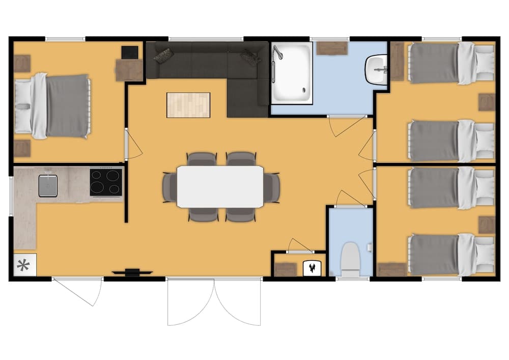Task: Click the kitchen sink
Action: [48, 185]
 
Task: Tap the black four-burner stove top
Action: [106, 182]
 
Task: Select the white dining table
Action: [220, 186]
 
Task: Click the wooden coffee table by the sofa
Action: [188, 105]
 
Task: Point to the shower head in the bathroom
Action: [277, 52]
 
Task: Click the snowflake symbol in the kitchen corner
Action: [23, 265]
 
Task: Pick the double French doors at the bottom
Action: [214, 300]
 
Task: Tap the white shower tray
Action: [292, 73]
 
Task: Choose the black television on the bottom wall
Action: [132, 273]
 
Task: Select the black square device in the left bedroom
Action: [130, 52]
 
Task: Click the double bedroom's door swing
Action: [133, 145]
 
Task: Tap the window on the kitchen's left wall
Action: [11, 193]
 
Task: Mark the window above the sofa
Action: [206, 39]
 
